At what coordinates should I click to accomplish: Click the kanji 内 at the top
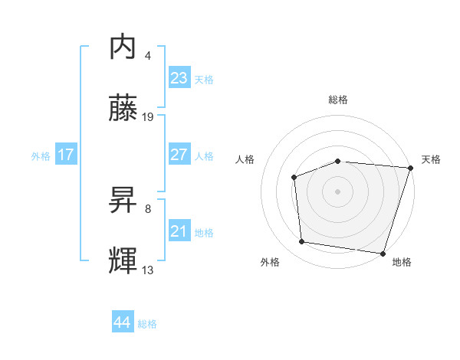click(123, 47)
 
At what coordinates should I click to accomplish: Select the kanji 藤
click(123, 108)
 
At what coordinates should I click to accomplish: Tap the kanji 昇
click(123, 200)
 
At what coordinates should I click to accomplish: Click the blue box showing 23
click(179, 78)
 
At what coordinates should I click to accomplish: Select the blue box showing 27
click(179, 154)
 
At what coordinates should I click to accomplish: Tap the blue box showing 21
click(179, 231)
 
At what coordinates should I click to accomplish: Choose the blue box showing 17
click(66, 155)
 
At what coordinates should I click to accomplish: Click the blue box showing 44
click(122, 322)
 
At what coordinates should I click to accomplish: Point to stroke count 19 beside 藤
click(148, 117)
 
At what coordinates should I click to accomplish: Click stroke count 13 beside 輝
click(148, 270)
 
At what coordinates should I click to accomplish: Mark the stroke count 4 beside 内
click(148, 56)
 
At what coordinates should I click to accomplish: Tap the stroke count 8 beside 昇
click(148, 208)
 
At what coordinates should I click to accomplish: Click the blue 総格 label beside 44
click(147, 324)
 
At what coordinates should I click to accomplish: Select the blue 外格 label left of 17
click(41, 155)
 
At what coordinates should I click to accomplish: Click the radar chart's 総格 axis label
click(338, 100)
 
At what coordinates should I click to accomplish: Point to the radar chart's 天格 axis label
click(431, 159)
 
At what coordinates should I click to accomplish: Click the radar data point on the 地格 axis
click(383, 253)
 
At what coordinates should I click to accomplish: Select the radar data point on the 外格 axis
click(302, 242)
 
